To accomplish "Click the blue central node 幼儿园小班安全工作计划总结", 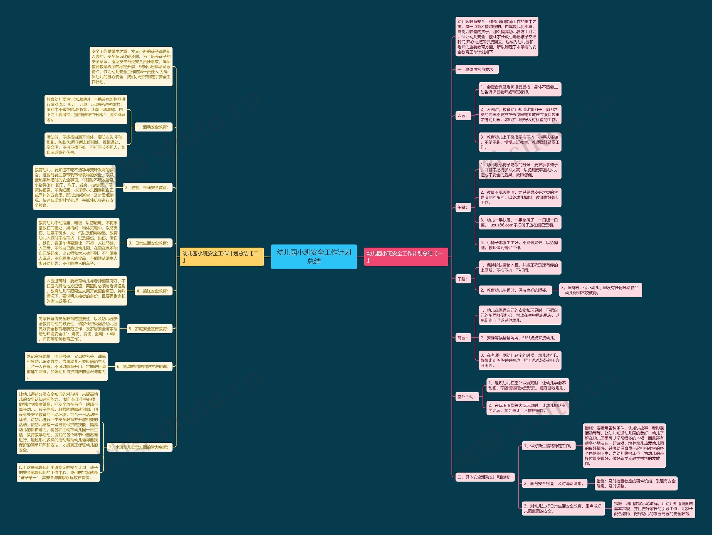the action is pos(314,257).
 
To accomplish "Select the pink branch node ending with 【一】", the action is pos(406,257).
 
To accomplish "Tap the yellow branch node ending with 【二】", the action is pos(221,257).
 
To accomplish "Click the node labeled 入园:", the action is pos(463,115).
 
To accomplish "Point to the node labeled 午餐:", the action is pos(463,207).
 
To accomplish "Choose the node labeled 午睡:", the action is pos(463,279).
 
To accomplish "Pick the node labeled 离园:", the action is pos(463,338).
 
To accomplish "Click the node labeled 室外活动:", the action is pos(467,396).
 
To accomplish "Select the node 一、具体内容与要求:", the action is pos(477,69).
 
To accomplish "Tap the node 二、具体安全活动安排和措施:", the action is pos(485,477).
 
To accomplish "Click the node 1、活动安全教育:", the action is pos(153,127).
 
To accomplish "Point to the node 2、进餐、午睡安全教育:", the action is pos(147,187).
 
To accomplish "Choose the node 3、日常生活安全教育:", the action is pos(149,243).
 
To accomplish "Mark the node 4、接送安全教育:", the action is pos(153,291).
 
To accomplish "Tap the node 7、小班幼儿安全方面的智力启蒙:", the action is pos(139,447).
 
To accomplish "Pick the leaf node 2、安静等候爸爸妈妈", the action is pos(519,338).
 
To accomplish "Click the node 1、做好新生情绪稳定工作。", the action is pos(548,445).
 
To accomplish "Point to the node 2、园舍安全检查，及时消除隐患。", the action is pos(554,483).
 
